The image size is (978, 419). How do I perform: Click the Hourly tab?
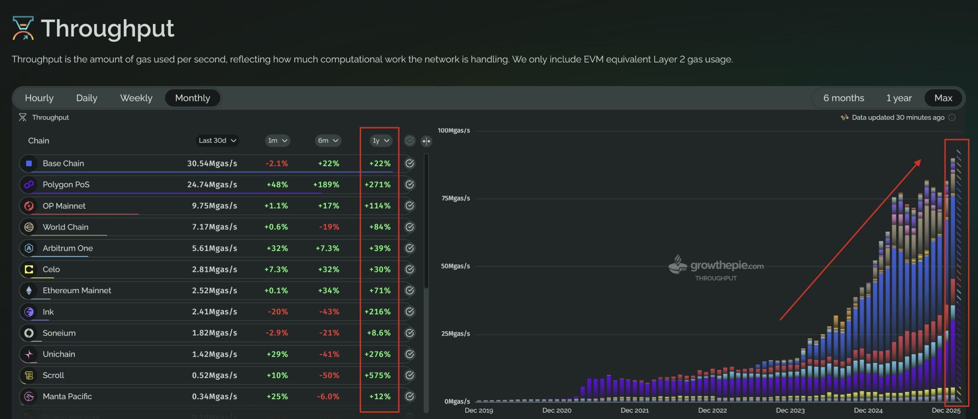pos(39,98)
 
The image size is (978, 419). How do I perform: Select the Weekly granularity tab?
pos(136,98)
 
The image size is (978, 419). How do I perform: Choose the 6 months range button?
pos(844,98)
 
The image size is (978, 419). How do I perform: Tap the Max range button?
pos(943,98)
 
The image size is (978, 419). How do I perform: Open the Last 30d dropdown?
pos(217,140)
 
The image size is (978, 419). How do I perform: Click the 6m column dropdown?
pos(328,140)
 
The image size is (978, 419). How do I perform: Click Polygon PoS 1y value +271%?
pos(377,184)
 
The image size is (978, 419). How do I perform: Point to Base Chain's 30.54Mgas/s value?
pos(212,163)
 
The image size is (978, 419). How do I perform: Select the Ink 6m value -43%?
pos(329,312)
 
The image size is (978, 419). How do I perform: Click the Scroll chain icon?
pos(29,375)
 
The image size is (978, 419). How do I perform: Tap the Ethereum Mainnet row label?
pos(77,290)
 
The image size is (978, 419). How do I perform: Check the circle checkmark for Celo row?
pos(410,269)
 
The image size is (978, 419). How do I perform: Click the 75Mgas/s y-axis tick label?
pos(455,198)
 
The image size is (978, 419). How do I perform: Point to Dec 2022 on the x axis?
pos(712,410)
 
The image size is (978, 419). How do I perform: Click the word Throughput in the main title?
pos(108,28)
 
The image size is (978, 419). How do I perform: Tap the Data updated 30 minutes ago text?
pos(898,117)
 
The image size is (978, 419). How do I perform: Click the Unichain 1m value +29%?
pos(277,354)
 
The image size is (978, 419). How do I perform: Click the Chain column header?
pos(39,140)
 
